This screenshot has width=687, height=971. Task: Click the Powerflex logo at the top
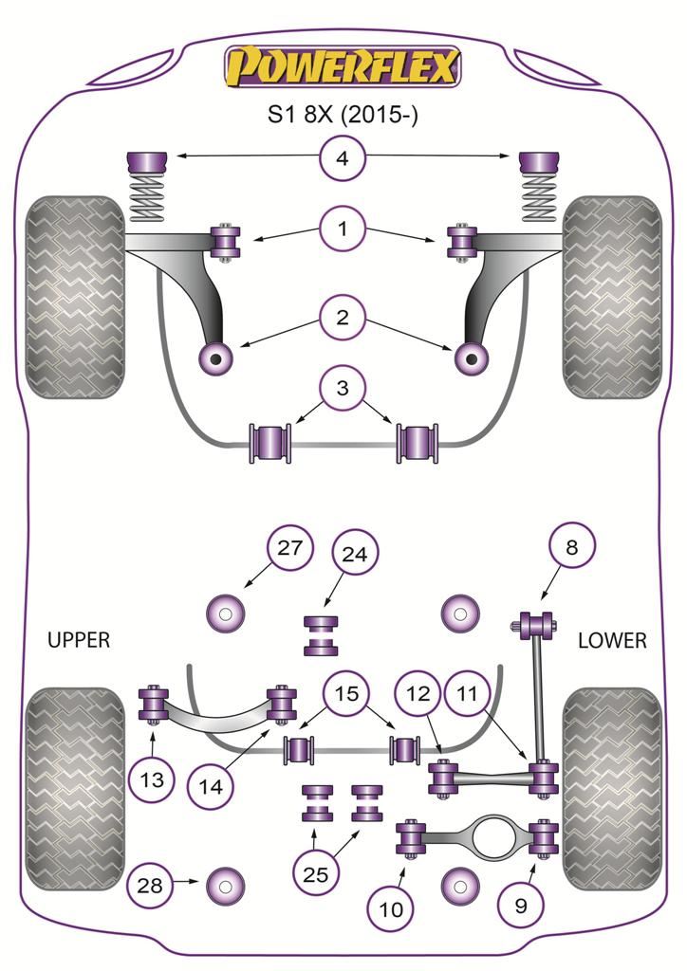click(342, 67)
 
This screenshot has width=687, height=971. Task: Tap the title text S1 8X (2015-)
click(342, 117)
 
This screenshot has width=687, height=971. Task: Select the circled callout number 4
click(342, 157)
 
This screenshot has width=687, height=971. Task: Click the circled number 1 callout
click(342, 228)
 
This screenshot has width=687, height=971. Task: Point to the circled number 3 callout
click(342, 387)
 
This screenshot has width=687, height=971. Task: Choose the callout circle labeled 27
click(288, 547)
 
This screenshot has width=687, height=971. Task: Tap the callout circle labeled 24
click(355, 555)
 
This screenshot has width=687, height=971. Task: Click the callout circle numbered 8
click(569, 547)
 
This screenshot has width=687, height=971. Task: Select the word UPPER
click(79, 640)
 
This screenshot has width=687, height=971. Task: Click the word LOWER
click(612, 641)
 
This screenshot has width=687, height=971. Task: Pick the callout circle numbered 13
click(152, 780)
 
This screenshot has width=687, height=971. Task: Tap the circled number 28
click(151, 887)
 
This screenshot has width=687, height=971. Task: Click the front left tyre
click(76, 297)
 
